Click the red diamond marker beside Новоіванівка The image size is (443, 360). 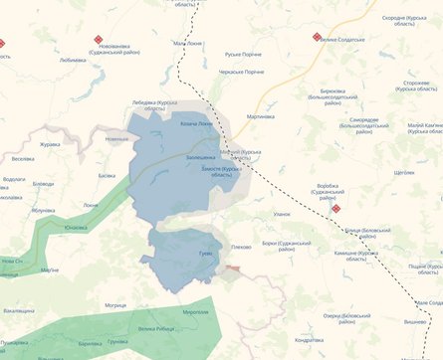(99, 40)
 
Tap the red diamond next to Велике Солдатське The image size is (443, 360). (318, 37)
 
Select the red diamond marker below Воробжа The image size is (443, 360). (336, 209)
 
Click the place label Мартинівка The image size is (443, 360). (260, 116)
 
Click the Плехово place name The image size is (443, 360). (241, 246)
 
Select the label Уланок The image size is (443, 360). (282, 214)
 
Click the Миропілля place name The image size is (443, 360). (197, 312)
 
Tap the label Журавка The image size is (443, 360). (50, 143)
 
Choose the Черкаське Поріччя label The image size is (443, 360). (241, 72)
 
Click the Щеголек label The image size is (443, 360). (404, 172)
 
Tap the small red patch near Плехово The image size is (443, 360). (232, 268)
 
